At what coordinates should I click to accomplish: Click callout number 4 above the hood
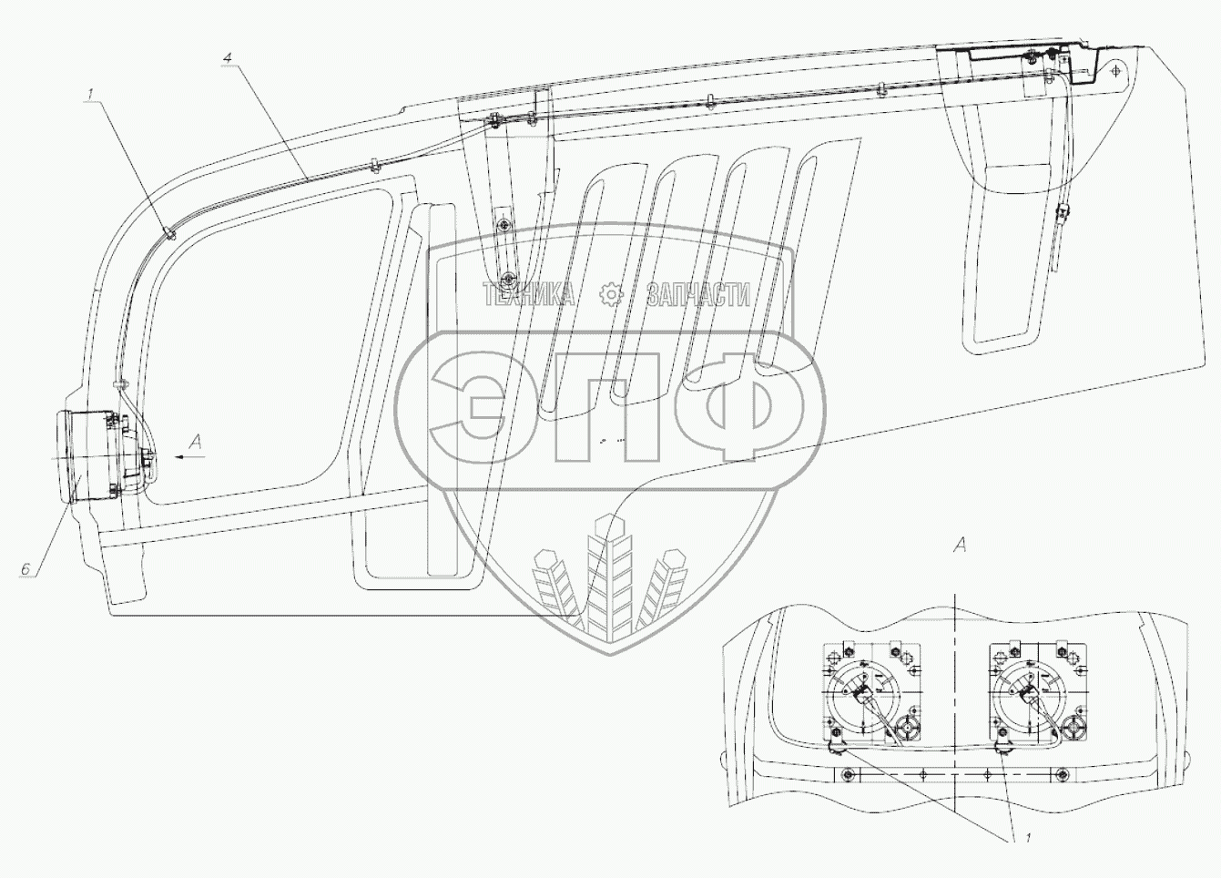tap(228, 58)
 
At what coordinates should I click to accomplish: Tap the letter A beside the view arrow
tap(193, 442)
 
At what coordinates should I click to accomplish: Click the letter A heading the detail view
tap(959, 546)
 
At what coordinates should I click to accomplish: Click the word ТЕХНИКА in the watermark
tap(528, 294)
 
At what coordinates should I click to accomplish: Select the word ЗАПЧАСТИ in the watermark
tap(698, 294)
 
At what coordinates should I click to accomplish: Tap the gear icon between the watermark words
tap(610, 294)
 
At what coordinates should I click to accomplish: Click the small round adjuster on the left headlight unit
tap(906, 728)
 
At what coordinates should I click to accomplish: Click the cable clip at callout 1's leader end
tap(171, 234)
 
